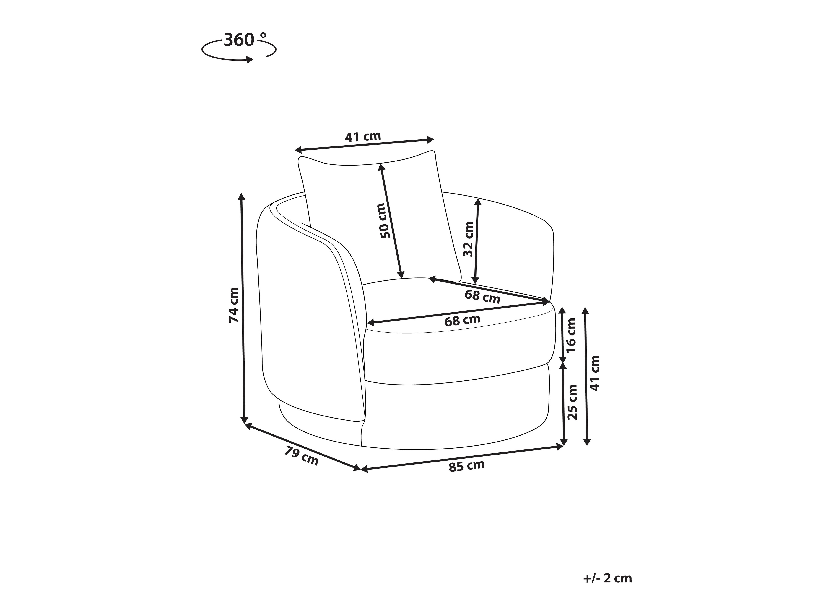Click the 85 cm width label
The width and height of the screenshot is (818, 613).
pyautogui.click(x=467, y=466)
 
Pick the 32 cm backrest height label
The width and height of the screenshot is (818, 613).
pyautogui.click(x=468, y=239)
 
